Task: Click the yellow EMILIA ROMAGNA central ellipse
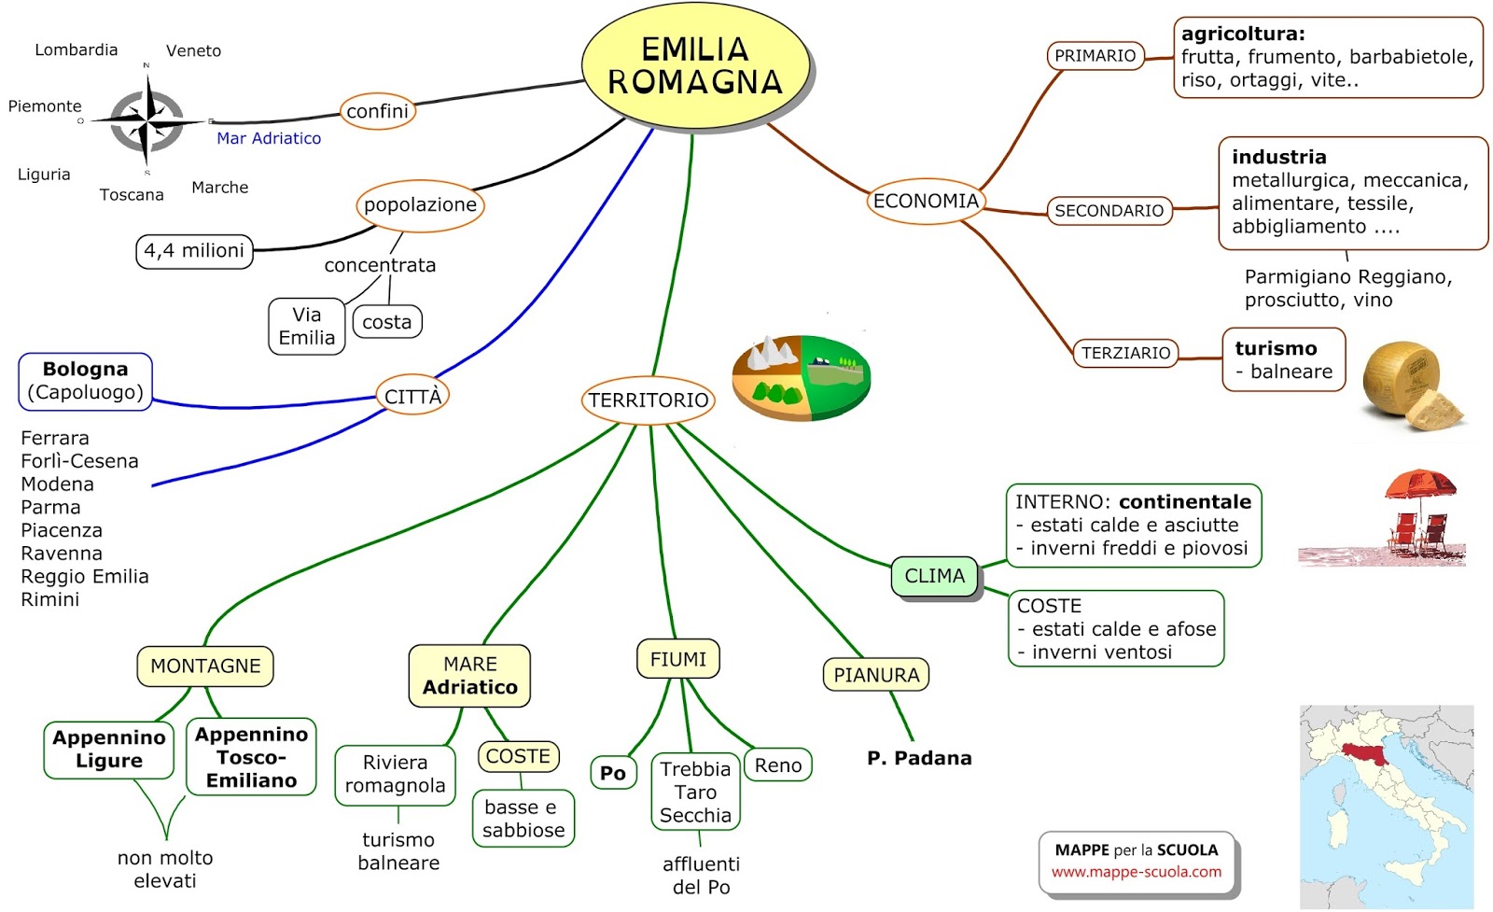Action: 696,65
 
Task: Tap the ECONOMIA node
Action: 925,201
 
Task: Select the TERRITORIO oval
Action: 649,400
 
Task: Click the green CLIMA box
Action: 934,576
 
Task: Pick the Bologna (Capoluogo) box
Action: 85,381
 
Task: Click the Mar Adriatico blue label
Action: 269,138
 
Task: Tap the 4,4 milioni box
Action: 194,251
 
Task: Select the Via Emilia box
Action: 306,327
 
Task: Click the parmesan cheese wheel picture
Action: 1409,385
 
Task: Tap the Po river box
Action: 613,773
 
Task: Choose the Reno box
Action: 777,765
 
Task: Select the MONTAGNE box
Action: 205,666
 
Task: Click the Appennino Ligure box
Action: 109,750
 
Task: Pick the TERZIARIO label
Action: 1125,353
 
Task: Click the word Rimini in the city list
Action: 50,599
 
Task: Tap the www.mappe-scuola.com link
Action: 1136,872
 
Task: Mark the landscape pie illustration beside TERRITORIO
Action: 801,377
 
